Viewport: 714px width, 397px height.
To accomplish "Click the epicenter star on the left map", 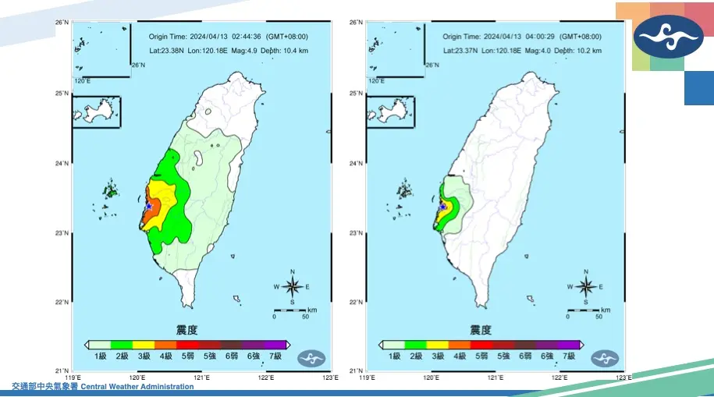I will click(148, 206).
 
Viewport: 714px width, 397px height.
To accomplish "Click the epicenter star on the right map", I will click(442, 207).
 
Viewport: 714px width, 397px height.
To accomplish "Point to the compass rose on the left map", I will click(292, 286).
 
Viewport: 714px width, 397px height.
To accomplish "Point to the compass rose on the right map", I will click(586, 286).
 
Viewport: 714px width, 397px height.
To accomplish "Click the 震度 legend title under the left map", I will click(186, 330).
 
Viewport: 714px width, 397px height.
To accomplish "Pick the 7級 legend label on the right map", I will click(569, 356).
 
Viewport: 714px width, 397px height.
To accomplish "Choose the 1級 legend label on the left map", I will click(100, 356).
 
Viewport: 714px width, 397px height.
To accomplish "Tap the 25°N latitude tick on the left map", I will click(63, 94).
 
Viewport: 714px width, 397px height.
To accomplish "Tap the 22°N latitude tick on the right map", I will click(357, 302).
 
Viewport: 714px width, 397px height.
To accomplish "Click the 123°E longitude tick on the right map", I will click(623, 378).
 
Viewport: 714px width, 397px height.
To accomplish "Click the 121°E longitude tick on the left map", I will click(201, 378).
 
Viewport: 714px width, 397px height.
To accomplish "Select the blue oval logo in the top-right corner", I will click(667, 37).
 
